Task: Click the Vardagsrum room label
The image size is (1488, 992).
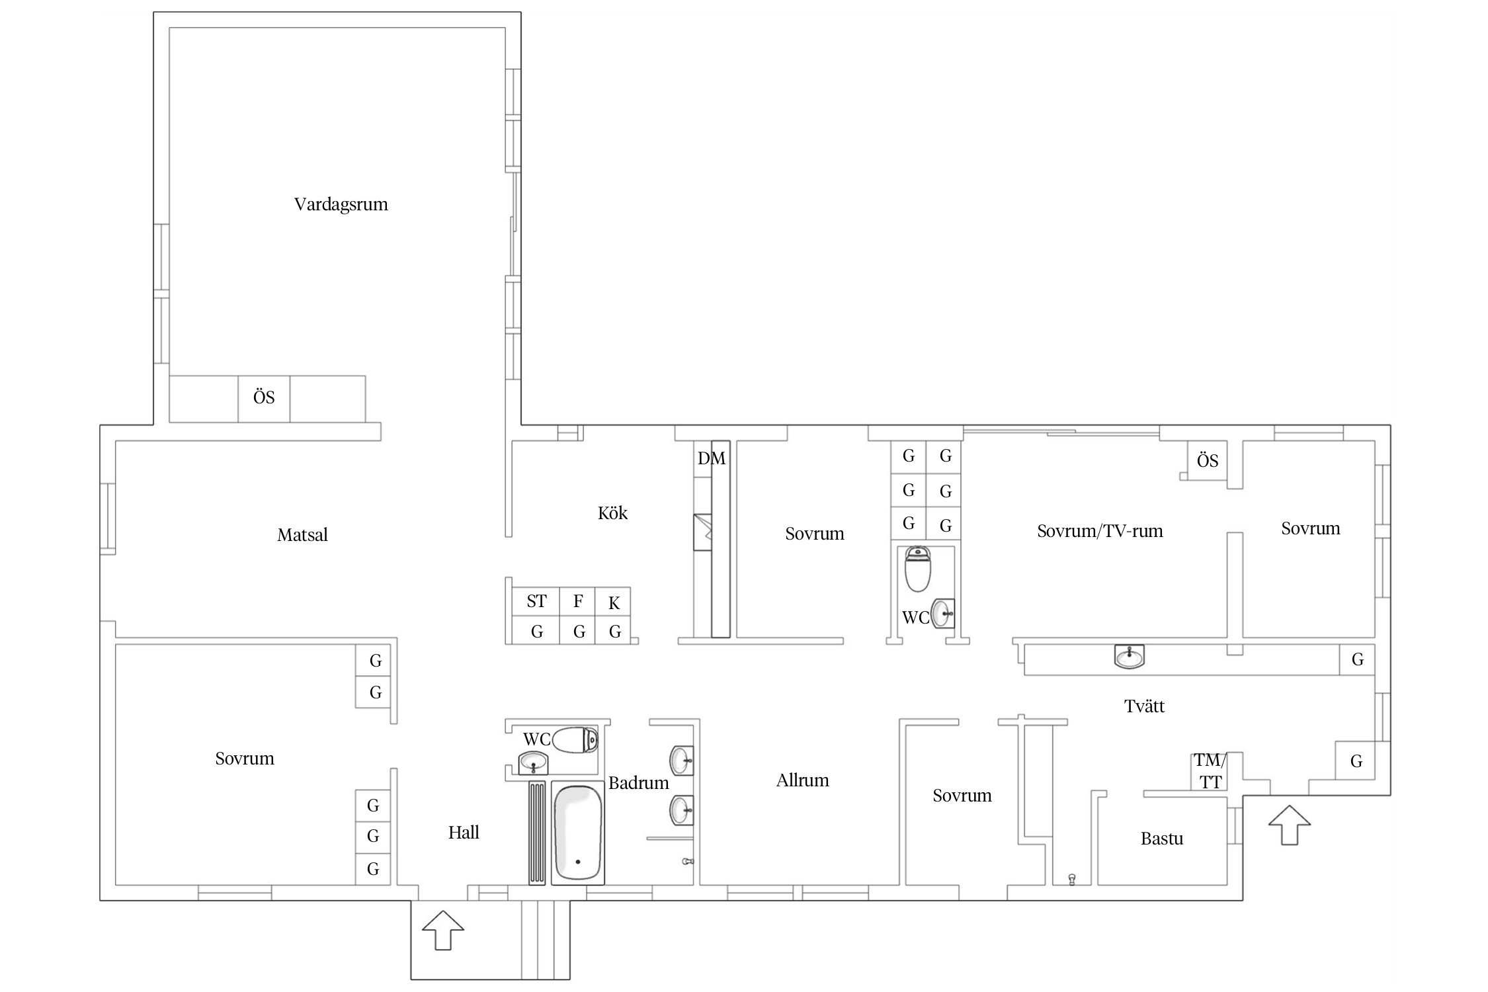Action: (341, 204)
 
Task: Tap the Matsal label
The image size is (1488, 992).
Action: (302, 535)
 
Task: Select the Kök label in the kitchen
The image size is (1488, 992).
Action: (612, 513)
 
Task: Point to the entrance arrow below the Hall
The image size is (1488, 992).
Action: (443, 930)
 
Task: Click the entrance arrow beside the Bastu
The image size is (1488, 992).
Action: (1290, 825)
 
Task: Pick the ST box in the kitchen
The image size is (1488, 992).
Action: (536, 601)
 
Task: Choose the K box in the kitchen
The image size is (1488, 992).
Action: (613, 602)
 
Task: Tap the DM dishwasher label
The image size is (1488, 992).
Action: (712, 458)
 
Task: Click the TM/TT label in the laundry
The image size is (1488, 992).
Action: (1210, 771)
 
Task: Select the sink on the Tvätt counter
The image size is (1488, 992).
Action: (1130, 657)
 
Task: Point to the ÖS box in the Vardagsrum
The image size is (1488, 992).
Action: (264, 398)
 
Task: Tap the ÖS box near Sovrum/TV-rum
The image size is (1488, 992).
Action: (1208, 460)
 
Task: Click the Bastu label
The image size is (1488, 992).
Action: (1162, 839)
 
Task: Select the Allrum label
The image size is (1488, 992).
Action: (802, 780)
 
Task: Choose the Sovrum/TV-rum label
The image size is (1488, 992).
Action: (1100, 531)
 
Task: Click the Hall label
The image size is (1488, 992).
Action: (464, 833)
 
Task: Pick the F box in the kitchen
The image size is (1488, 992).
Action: (577, 601)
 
